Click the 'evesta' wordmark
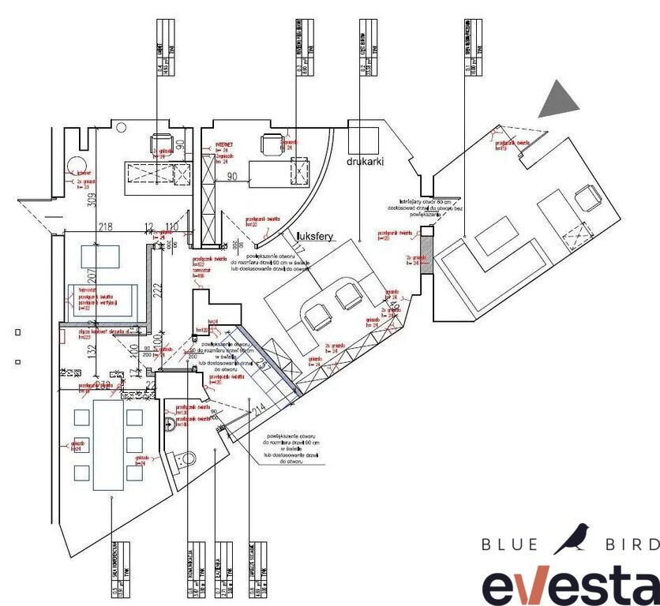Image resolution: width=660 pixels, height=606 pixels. tap(571, 583)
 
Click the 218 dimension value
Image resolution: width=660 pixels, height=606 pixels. tap(105, 227)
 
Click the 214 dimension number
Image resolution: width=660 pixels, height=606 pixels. tap(257, 410)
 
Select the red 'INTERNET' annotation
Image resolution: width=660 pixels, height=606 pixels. tap(227, 145)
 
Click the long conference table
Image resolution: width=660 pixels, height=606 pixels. tap(108, 444)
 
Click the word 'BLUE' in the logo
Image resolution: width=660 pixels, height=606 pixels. tap(510, 544)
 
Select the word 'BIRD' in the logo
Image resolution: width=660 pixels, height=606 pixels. tap(631, 544)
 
